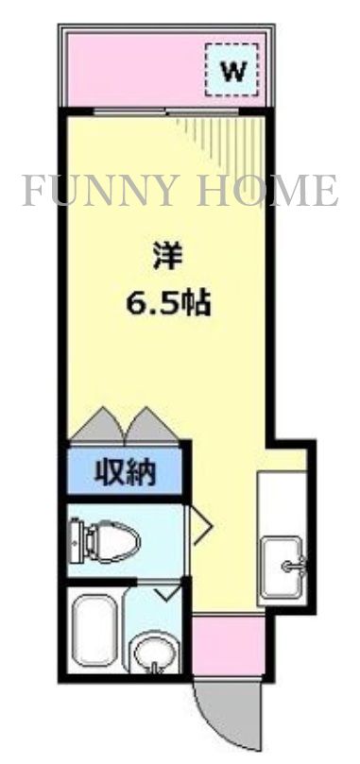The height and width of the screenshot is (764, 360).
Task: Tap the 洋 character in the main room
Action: [167, 255]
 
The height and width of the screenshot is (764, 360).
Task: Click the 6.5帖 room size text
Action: [167, 304]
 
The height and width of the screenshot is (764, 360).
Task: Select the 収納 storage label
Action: [125, 471]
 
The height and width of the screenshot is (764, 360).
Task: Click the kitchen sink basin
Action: [283, 567]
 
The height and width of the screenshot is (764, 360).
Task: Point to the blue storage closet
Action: [125, 471]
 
